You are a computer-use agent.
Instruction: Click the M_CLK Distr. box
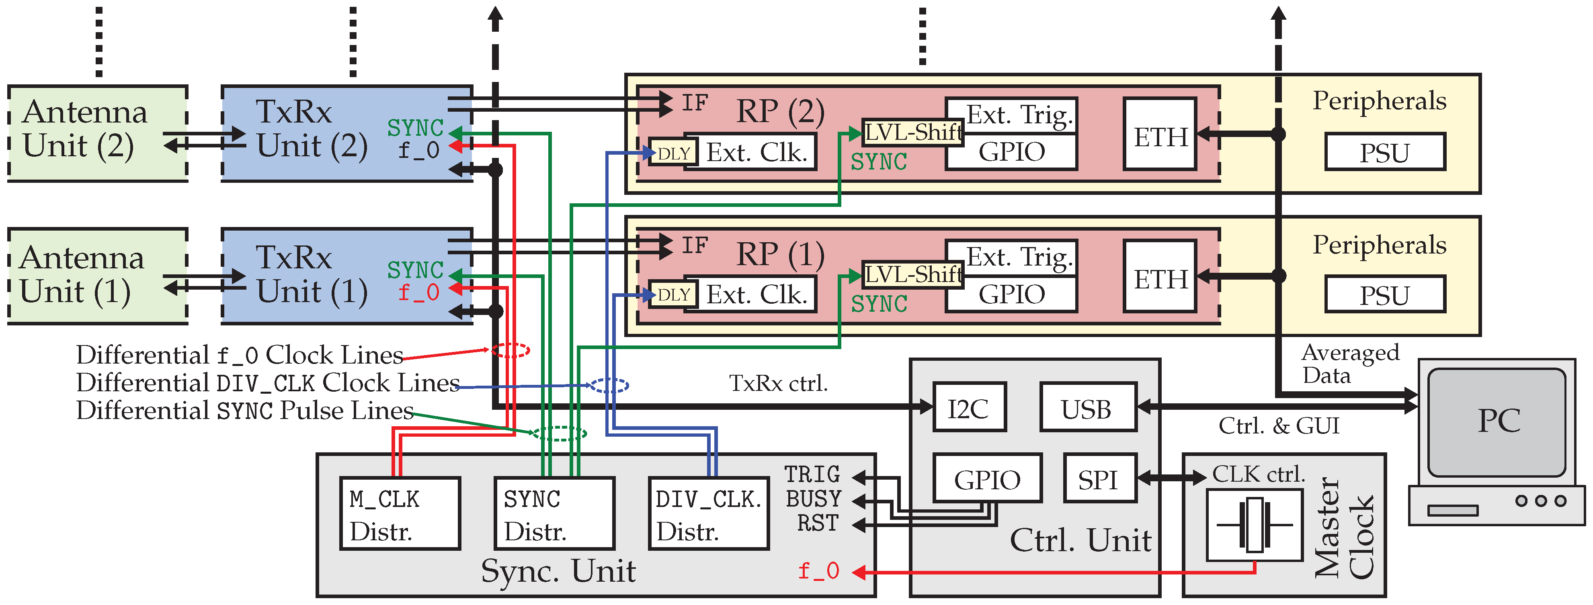(400, 513)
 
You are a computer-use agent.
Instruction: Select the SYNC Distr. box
(554, 513)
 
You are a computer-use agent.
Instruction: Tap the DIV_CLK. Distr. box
(709, 513)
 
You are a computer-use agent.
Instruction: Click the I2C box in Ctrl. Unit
(969, 407)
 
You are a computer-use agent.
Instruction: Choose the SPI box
(1099, 478)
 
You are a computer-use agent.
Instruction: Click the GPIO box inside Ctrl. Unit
(987, 478)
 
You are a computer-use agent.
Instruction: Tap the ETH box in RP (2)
(1160, 134)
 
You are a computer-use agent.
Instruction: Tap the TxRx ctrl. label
(778, 383)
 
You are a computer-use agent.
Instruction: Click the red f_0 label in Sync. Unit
(818, 570)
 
